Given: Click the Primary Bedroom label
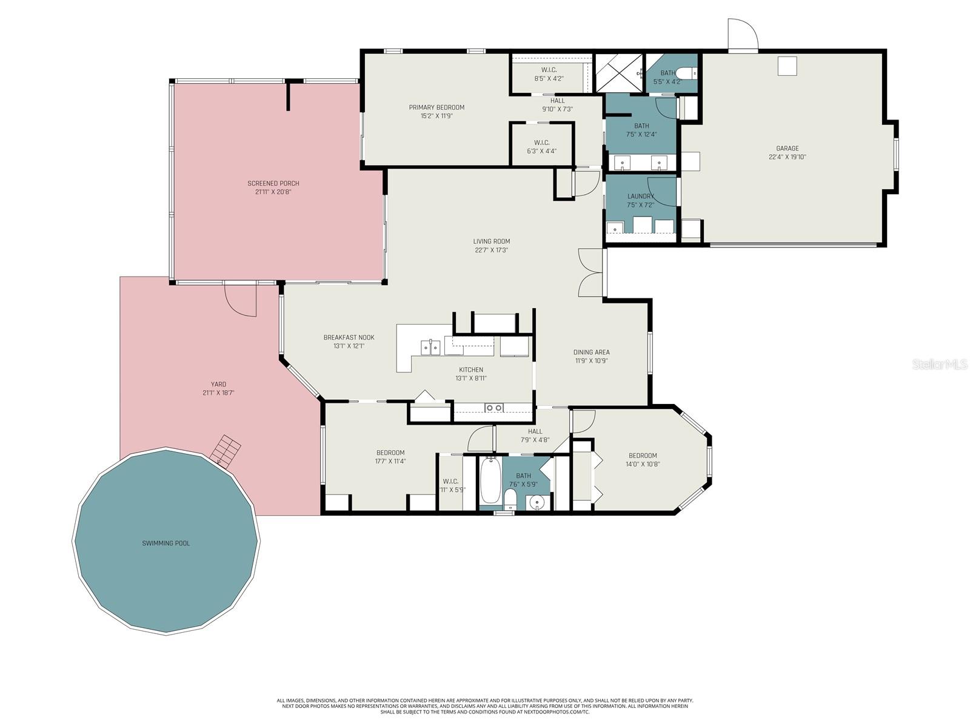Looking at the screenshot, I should click(x=436, y=107).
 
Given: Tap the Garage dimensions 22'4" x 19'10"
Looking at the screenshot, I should click(x=788, y=157).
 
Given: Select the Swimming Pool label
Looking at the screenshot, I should click(x=166, y=543).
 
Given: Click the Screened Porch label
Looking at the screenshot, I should click(x=273, y=183).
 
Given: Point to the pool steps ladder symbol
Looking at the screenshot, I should click(x=226, y=451).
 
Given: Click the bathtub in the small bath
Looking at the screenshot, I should click(x=490, y=481).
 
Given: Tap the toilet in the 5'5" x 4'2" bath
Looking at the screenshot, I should click(x=687, y=73).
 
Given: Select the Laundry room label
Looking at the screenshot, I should click(x=641, y=196).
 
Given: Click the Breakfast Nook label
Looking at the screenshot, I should click(x=349, y=337).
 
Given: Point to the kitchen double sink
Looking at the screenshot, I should click(x=430, y=347).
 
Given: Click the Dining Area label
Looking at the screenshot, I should click(x=591, y=352).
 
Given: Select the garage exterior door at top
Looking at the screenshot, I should click(x=742, y=35).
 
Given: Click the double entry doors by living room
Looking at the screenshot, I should click(x=590, y=273).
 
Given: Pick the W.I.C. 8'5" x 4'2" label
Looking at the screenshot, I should click(x=549, y=70).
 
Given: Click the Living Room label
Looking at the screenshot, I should click(x=491, y=241).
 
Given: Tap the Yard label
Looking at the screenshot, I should click(x=218, y=384).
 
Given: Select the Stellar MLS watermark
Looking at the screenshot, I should click(x=939, y=364).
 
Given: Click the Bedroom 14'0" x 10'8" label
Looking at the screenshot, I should click(x=642, y=456).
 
